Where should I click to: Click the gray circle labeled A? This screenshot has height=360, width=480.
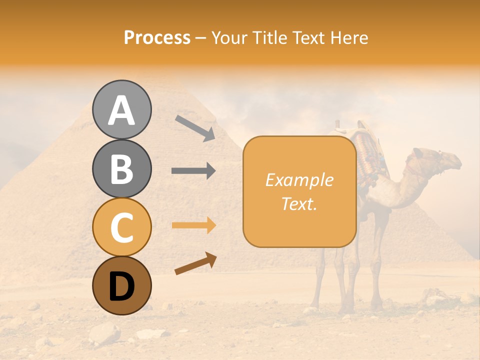[x=121, y=110]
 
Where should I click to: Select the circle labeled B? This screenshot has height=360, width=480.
[x=121, y=169]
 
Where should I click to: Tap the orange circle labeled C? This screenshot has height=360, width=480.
[x=121, y=227]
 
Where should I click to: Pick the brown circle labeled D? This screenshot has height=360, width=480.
[x=121, y=286]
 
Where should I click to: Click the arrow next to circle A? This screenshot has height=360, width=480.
[x=195, y=128]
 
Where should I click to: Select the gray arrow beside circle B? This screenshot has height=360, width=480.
[x=193, y=171]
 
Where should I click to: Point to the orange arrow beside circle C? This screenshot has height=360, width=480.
[x=193, y=225]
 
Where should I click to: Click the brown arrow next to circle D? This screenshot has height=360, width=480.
[x=195, y=263]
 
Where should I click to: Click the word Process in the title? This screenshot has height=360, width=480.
[x=157, y=38]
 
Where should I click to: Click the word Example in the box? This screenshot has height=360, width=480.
[x=299, y=180]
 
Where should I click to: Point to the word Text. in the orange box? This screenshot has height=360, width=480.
[x=299, y=203]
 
